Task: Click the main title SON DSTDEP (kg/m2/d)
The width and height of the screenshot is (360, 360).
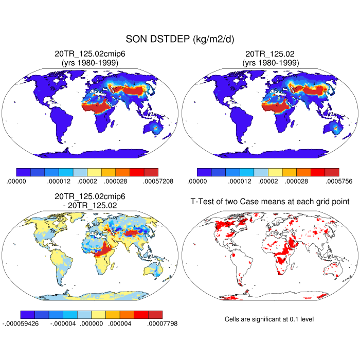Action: point(179,40)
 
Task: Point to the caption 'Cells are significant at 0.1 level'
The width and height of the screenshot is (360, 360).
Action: point(269,319)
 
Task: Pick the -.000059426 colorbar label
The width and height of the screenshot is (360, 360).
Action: point(22,323)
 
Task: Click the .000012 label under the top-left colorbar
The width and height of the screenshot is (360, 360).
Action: point(59,181)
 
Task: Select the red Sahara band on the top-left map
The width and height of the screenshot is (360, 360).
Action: point(96,108)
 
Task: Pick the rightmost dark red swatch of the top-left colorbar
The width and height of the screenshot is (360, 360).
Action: point(151,172)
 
